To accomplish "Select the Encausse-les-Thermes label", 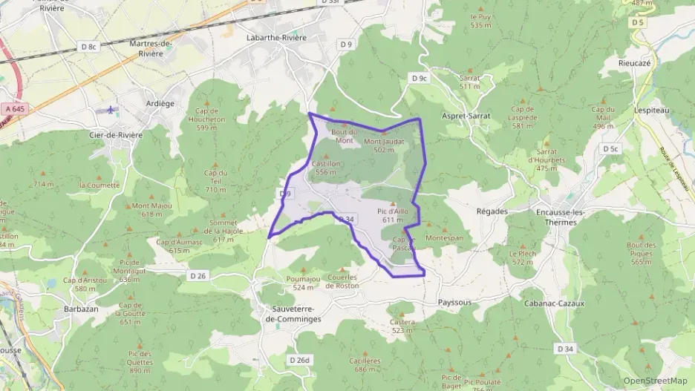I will pos(561,217).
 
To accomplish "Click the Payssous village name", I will pos(454,303).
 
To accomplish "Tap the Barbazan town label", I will pos(81,309).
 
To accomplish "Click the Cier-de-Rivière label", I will pos(115,135).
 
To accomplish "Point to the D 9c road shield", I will pos(420,78).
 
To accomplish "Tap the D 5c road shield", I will pos(610,149).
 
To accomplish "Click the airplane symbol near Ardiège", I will pos(112,110).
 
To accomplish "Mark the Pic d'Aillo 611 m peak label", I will pos(393,214).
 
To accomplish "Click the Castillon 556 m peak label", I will pos(325,167).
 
